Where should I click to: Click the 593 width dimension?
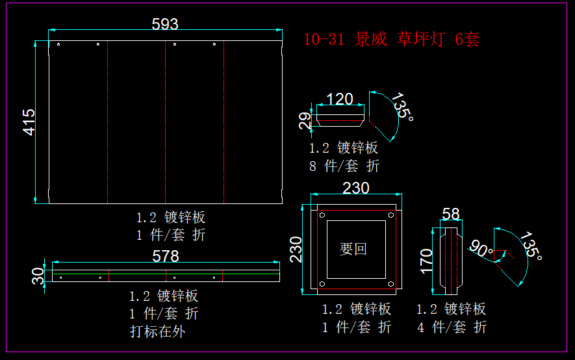164,24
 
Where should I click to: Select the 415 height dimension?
29,122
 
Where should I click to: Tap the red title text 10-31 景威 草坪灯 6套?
391,40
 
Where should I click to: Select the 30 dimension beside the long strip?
38,276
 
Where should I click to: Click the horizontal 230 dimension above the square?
355,188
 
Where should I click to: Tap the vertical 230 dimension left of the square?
296,249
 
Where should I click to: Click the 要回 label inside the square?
353,249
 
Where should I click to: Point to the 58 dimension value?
450,214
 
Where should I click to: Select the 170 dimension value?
426,261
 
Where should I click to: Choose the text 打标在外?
157,331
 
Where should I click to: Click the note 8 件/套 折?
344,166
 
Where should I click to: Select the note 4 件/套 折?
451,328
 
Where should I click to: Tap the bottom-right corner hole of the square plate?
390,284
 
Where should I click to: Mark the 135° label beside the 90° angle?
531,246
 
